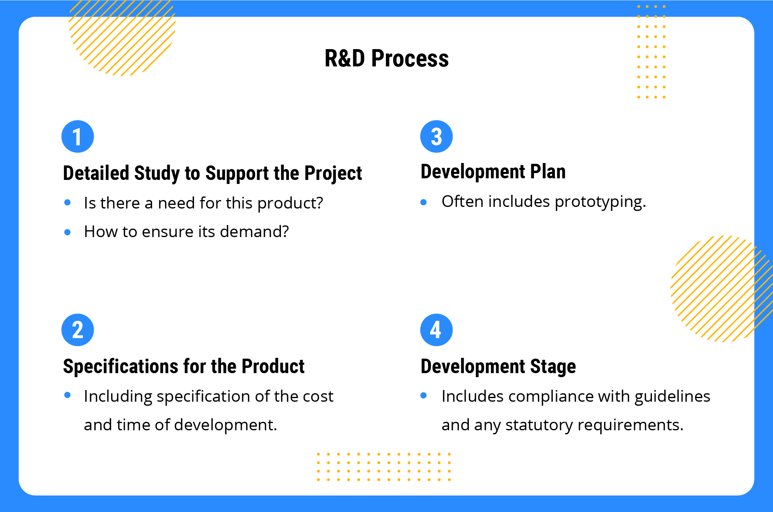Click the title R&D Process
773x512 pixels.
[x=386, y=58]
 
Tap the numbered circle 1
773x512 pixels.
[x=78, y=136]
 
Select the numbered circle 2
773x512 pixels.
[x=78, y=330]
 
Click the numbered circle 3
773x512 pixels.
[x=436, y=136]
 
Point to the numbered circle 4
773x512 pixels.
[x=436, y=330]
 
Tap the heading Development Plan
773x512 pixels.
[x=493, y=172]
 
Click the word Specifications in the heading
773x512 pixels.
[x=121, y=367]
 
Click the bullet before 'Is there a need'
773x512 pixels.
[x=68, y=202]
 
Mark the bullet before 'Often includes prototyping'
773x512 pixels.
[x=423, y=202]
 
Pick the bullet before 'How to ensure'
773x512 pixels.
[x=68, y=232]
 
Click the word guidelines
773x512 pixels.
[x=672, y=397]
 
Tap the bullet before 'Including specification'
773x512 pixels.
[x=68, y=395]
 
